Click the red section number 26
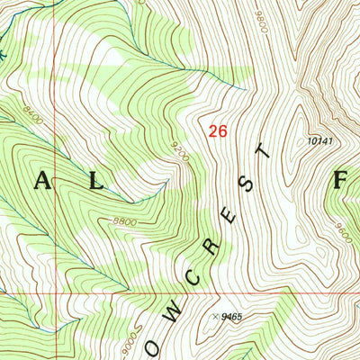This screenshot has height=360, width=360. (217, 131)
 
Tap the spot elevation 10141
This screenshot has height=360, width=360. (319, 140)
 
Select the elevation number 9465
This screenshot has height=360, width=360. (232, 317)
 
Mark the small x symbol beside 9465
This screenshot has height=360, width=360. (215, 316)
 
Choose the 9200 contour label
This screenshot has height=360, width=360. (180, 150)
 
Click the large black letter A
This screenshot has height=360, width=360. (43, 181)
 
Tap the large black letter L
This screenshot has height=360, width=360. (94, 181)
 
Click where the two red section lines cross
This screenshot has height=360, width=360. (52, 293)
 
